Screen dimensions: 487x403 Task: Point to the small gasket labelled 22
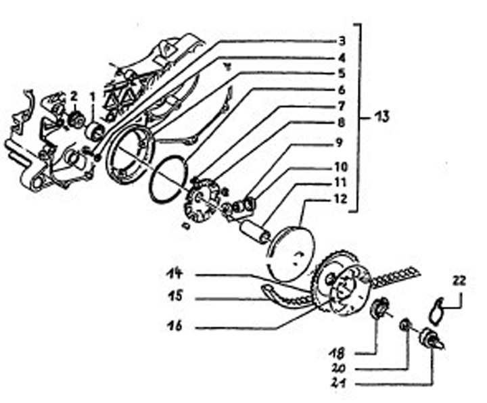[x=440, y=309]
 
